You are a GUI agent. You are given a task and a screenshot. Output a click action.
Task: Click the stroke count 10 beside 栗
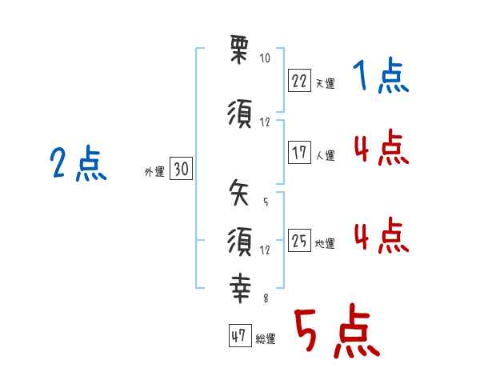tap(265, 58)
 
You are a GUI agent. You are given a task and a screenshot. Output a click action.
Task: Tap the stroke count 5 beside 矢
tap(265, 202)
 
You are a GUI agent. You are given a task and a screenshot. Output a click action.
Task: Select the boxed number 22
tap(300, 80)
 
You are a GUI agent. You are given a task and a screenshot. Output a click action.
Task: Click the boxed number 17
tap(300, 152)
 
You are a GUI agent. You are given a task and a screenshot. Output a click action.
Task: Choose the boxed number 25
tap(300, 241)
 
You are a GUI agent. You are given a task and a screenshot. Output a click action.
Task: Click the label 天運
tap(325, 84)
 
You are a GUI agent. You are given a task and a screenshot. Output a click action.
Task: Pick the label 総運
tap(266, 339)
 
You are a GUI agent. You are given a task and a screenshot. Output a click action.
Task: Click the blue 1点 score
tap(381, 77)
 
